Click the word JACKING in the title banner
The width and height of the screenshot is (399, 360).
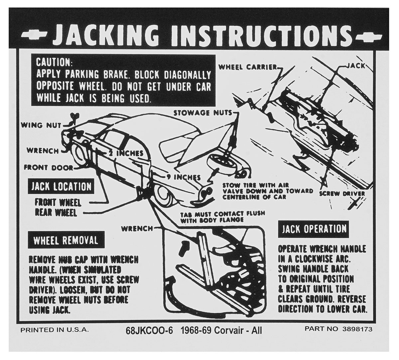106,36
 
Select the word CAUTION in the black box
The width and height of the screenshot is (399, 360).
53,62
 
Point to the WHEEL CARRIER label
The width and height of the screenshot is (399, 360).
248,67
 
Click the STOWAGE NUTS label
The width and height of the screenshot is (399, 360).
203,113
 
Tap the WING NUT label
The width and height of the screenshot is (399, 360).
41,125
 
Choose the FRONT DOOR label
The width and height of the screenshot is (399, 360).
48,168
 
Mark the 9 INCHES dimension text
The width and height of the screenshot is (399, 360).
184,177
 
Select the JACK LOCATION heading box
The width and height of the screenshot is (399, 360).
61,186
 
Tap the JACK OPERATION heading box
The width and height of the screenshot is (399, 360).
314,229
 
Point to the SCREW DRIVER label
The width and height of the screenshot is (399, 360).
342,193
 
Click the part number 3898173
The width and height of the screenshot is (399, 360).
357,329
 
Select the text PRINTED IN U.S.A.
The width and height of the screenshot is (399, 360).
54,330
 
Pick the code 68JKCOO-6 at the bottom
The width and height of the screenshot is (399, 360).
149,330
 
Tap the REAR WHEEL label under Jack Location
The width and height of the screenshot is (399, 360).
56,213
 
